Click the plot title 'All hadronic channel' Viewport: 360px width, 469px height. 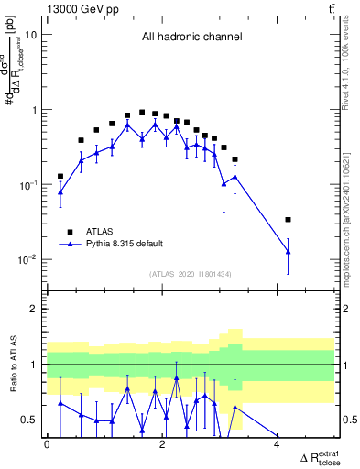click(191, 38)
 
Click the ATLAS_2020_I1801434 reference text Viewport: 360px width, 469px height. click(191, 274)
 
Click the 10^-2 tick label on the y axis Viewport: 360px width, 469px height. click(27, 259)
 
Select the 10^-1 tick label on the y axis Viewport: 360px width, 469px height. click(27, 184)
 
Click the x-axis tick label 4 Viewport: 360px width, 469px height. click(278, 445)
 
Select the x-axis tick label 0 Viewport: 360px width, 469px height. click(48, 445)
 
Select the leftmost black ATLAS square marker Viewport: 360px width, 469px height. click(60, 176)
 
